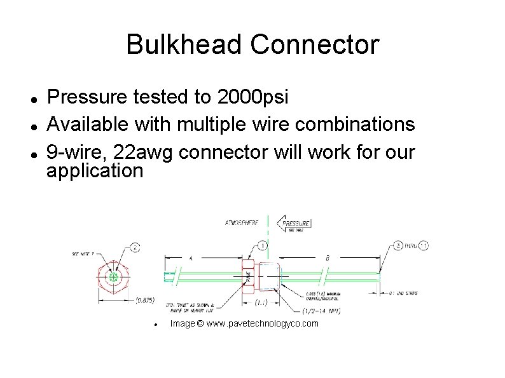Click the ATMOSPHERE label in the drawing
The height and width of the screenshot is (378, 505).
[x=242, y=223]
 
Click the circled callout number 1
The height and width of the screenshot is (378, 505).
[x=263, y=245]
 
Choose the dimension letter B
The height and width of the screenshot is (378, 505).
[x=327, y=259]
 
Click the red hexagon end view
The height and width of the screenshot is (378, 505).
[x=114, y=278]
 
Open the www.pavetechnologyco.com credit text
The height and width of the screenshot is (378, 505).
[x=244, y=324]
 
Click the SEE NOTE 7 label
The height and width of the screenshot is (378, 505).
[x=83, y=253]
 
